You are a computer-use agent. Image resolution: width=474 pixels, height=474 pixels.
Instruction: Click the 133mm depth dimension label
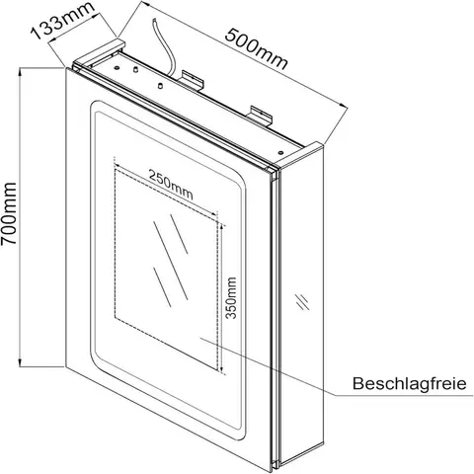[x=63, y=21]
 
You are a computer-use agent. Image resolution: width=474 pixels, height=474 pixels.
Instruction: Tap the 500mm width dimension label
[x=257, y=49]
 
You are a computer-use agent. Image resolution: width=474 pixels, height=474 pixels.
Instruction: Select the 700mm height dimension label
[x=9, y=213]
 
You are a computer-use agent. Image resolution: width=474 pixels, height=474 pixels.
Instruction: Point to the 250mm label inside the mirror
[x=171, y=185]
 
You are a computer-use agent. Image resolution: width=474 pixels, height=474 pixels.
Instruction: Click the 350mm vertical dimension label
[x=232, y=298]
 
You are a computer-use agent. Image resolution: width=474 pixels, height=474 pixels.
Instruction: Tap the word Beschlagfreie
[x=410, y=383]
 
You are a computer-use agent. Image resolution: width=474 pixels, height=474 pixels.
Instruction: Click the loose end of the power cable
[x=154, y=21]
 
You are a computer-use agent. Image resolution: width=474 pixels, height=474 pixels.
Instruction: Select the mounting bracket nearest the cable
[x=193, y=79]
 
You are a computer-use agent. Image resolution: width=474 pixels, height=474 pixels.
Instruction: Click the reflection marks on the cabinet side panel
[x=302, y=301]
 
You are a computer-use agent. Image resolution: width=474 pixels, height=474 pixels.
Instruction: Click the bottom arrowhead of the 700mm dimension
[x=21, y=363]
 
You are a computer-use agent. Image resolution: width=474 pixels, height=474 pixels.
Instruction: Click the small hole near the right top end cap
[x=280, y=152]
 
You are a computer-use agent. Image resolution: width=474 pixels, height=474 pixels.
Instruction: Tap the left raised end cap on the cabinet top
[x=99, y=51]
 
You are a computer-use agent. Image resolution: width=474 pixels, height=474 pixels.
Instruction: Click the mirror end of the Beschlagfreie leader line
[x=199, y=338]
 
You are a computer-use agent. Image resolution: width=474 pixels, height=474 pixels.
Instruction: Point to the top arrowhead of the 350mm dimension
[x=223, y=227]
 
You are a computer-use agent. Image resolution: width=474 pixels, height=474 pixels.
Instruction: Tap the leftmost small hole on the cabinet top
[x=117, y=67]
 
